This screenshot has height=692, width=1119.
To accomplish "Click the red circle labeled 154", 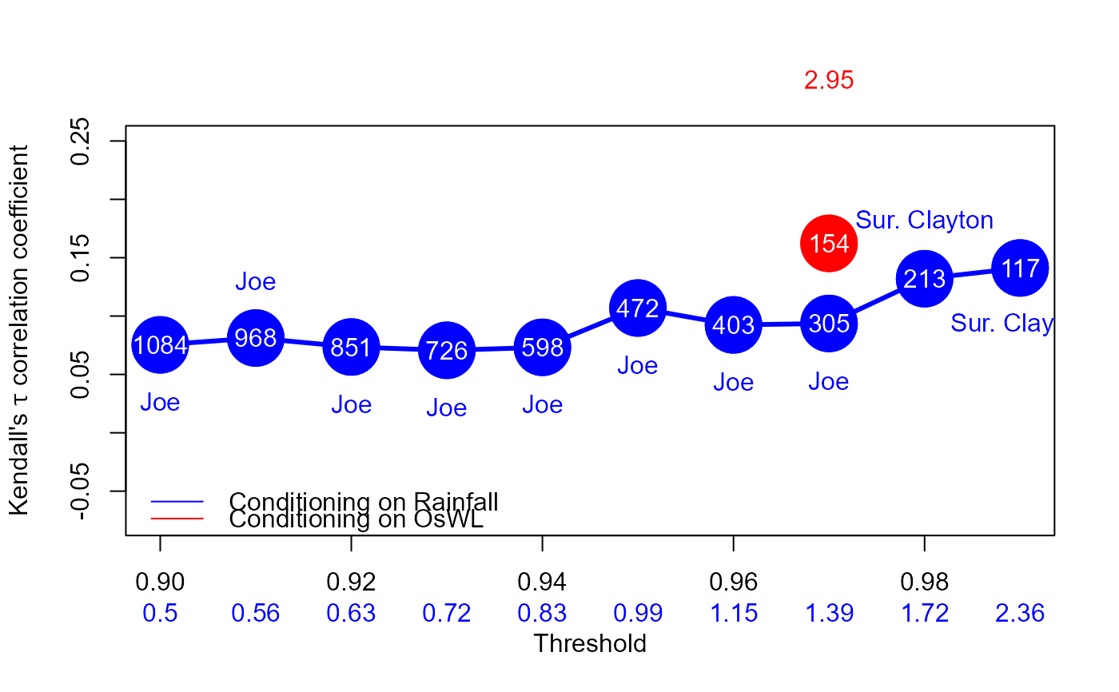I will (x=829, y=243).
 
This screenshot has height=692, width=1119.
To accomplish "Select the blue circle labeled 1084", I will (x=160, y=344).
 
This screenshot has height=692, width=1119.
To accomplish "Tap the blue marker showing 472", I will (x=637, y=308).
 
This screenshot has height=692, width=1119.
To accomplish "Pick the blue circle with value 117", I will (x=1020, y=268).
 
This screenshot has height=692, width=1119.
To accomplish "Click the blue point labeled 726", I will (x=447, y=350).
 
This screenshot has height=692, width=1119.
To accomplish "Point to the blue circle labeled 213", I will (x=924, y=278).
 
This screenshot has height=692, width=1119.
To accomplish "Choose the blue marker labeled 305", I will (x=829, y=324).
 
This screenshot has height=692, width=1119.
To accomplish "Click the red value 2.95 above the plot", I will (x=829, y=80).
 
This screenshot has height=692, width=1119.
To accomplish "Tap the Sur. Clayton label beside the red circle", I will (x=924, y=220).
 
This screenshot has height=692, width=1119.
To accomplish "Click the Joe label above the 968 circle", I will (x=255, y=281).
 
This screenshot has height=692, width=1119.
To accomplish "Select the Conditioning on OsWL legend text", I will (x=356, y=519).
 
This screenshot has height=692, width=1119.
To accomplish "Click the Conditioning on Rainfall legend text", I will (x=364, y=501).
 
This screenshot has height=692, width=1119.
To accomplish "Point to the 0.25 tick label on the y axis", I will (x=80, y=141).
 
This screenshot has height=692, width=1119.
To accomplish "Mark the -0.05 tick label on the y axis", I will (x=80, y=490).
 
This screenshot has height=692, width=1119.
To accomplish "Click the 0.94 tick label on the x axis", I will (x=542, y=581).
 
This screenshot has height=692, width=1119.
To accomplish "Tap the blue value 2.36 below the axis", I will (x=1020, y=613).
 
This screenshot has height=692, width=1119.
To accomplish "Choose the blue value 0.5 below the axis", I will (x=160, y=613).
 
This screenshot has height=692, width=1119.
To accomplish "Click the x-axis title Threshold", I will (x=589, y=643).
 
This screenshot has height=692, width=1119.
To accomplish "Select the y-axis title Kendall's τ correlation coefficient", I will (x=20, y=330).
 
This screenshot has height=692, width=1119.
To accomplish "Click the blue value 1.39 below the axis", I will (x=829, y=613).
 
